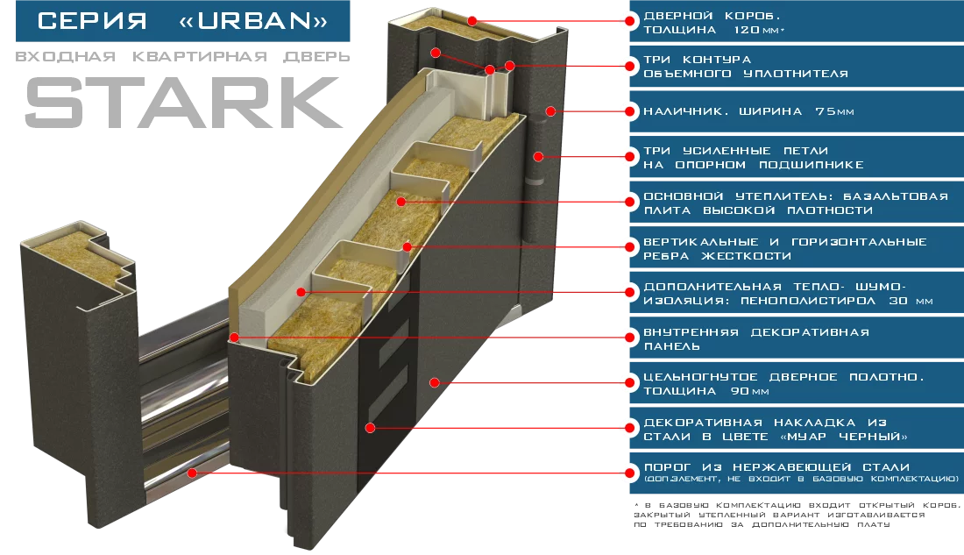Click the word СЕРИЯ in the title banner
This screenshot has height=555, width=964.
click(x=93, y=20)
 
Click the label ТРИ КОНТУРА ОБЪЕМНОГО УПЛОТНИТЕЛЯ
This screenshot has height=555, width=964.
click(x=745, y=67)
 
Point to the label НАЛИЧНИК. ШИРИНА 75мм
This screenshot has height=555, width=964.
click(x=748, y=111)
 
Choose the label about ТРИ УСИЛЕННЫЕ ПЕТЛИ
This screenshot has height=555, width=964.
click(x=753, y=158)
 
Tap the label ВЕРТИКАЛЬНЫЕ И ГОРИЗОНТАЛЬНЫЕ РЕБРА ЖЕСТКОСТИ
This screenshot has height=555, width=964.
click(x=784, y=249)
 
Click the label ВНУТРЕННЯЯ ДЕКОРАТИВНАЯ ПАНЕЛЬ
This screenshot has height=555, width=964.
click(x=755, y=339)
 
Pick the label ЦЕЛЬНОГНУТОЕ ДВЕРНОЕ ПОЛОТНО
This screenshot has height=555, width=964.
click(x=783, y=384)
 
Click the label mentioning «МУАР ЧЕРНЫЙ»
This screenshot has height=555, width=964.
click(x=775, y=430)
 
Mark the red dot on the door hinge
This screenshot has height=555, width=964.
click(x=539, y=157)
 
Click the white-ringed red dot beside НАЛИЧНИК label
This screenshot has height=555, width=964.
click(x=628, y=111)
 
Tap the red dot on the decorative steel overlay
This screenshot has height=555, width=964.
click(x=371, y=428)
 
